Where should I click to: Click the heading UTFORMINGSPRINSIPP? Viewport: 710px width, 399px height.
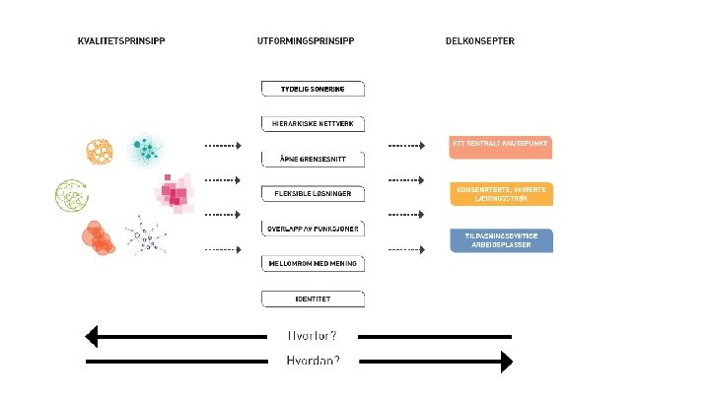[x=305, y=41]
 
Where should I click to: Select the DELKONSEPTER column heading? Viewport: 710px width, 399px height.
[x=480, y=41]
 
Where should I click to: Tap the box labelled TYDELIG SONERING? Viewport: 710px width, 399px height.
[x=313, y=89]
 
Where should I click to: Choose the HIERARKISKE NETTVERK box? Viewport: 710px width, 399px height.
[x=313, y=124]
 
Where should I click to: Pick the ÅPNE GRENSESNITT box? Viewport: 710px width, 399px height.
[x=313, y=159]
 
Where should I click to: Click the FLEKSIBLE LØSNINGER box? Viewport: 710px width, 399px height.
[x=313, y=193]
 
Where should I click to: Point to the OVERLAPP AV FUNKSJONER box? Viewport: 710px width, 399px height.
[x=313, y=229]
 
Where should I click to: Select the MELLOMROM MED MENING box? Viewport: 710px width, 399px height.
[x=313, y=263]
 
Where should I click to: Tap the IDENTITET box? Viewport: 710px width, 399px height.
[x=313, y=298]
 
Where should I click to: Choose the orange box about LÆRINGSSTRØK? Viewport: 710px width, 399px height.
[x=500, y=192]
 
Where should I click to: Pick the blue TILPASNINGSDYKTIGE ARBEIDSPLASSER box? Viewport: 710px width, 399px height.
[x=500, y=239]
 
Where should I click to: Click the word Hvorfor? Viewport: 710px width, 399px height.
[x=313, y=336]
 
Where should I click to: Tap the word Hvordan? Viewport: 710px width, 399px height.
[x=313, y=362]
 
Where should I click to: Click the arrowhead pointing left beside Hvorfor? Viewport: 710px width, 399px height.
[x=93, y=336]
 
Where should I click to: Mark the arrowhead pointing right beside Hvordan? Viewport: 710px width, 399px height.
[x=506, y=362]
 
